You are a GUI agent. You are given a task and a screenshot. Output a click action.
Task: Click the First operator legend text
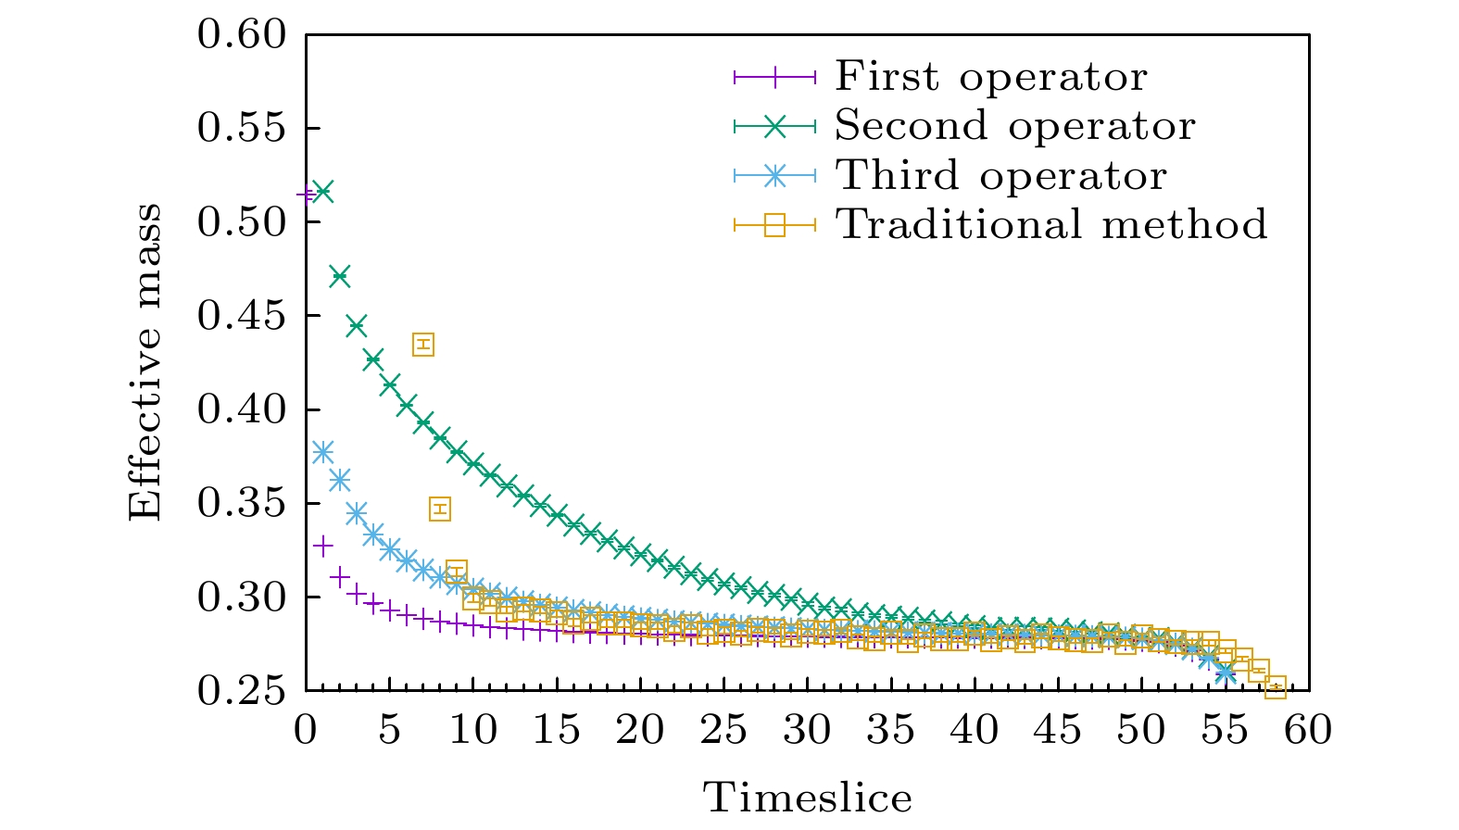coord(990,76)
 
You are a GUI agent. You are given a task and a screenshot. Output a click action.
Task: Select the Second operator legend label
coord(1014,126)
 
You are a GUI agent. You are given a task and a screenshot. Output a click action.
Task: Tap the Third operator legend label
coord(1000,176)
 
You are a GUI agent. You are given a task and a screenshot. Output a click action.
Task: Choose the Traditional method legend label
coord(1051,224)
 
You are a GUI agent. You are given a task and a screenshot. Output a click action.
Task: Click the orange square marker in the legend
coord(774,224)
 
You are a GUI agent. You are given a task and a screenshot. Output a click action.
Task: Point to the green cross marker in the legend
coord(774,126)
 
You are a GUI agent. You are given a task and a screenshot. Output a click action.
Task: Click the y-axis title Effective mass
coord(145,362)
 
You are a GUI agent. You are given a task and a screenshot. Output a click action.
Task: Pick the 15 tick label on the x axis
coord(556,730)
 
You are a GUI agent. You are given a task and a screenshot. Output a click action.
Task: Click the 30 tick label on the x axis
coord(807,730)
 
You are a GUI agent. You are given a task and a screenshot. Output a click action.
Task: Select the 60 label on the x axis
coord(1308,730)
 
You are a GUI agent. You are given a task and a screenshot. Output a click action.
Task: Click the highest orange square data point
coord(423,345)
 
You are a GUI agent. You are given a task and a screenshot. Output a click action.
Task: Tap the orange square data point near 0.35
coord(440,509)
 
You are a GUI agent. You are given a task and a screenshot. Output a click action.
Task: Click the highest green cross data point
coord(322,193)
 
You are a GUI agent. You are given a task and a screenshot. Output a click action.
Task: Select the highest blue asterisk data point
coord(322,452)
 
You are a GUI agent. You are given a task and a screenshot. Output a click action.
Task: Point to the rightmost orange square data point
coord(1276,687)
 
